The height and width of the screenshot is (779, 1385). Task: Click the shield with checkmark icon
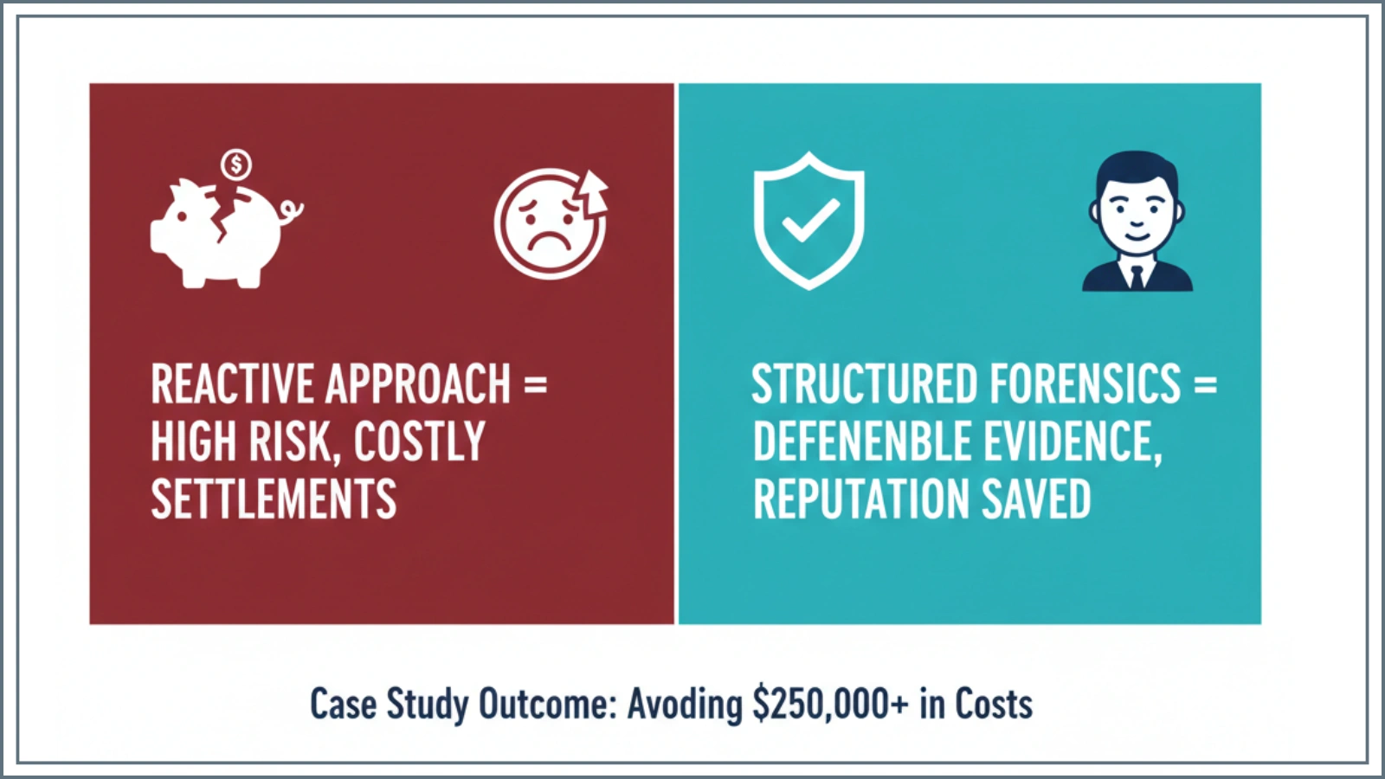pyautogui.click(x=808, y=221)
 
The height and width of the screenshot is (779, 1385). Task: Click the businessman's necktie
pyautogui.click(x=1137, y=275)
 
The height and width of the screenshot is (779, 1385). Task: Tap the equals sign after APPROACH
pyautogui.click(x=536, y=384)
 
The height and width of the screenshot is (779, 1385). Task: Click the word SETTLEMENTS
pyautogui.click(x=274, y=500)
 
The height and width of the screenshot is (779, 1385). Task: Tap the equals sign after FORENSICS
pyautogui.click(x=1205, y=384)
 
